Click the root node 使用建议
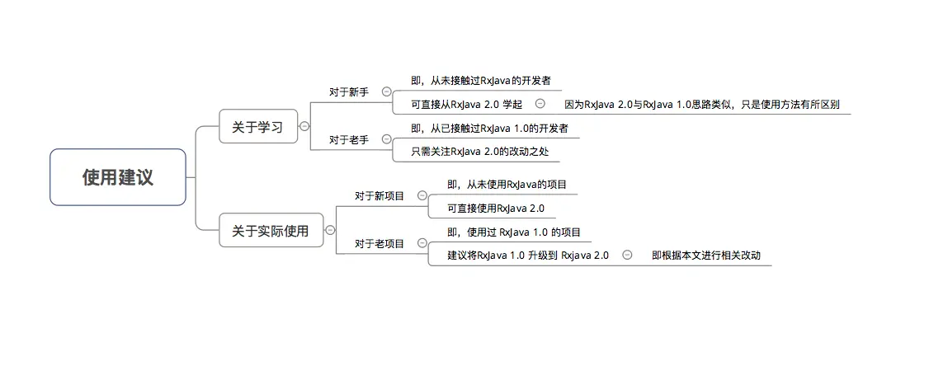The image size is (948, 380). [118, 177]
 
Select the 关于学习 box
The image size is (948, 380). [257, 127]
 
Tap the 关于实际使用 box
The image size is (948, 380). [271, 231]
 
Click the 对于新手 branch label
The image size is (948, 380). [349, 92]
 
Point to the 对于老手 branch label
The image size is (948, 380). [349, 140]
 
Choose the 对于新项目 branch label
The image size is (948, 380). [380, 196]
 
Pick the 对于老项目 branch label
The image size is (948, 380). [380, 244]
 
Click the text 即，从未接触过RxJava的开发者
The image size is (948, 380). [480, 81]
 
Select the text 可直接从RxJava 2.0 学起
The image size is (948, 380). [466, 104]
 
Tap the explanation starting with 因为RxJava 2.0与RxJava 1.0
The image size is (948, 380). [701, 105]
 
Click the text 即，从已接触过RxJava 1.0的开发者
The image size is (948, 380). [489, 129]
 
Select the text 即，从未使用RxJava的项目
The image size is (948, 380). [507, 185]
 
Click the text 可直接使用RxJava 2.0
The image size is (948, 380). [496, 209]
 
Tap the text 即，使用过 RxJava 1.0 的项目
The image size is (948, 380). [514, 232]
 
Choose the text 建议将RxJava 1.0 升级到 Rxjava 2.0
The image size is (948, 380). [528, 256]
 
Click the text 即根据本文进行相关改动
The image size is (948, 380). [705, 256]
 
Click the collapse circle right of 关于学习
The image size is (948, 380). [304, 126]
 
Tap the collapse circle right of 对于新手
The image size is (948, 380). [387, 92]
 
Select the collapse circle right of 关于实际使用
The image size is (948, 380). [330, 231]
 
